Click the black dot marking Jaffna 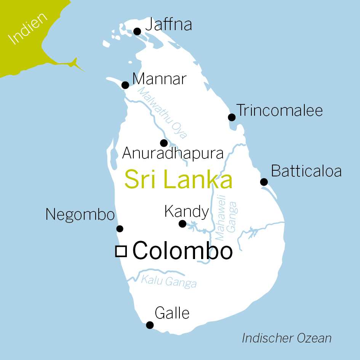point(137,31)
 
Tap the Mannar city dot point(125,85)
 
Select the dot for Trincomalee point(232,117)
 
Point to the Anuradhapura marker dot point(164,143)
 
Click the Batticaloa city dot point(264,182)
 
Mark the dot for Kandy point(182,224)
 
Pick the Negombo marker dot point(120,229)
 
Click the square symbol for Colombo point(121,251)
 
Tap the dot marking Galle point(150,325)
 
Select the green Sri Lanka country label point(178,180)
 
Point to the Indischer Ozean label point(286,338)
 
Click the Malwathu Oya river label point(163,113)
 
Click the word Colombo point(182,251)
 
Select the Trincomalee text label point(280,110)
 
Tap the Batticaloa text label point(306,171)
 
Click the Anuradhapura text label point(173,154)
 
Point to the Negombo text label point(80,215)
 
